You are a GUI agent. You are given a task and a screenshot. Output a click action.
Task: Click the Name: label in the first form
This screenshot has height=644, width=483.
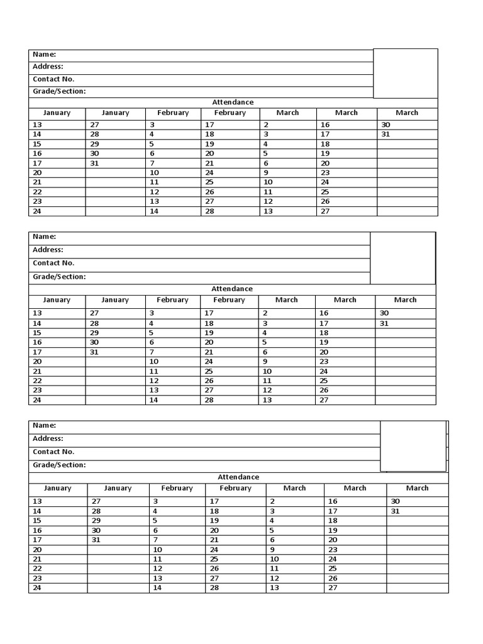tap(45, 55)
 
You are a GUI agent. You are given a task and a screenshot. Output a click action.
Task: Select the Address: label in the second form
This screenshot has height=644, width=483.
tap(48, 250)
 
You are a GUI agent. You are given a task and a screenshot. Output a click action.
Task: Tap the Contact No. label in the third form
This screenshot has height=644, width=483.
tap(53, 452)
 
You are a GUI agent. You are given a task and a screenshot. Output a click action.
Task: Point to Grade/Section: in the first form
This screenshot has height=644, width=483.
tap(59, 91)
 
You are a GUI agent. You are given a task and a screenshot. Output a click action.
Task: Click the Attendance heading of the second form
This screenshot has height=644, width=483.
tap(232, 289)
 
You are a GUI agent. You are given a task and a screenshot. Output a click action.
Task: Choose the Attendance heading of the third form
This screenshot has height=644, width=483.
tap(238, 477)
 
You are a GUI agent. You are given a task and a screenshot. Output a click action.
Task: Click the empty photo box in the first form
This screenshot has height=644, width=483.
tap(405, 73)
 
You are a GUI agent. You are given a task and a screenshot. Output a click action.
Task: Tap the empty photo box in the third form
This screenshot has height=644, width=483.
tap(413, 446)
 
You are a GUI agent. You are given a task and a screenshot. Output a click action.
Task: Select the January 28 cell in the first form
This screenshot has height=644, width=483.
tap(94, 135)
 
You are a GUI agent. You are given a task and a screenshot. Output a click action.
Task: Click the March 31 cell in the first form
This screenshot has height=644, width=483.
tap(386, 135)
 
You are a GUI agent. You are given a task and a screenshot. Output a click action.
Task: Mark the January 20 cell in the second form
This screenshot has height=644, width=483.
tap(37, 362)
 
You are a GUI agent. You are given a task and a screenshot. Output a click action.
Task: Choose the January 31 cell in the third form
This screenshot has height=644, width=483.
tap(96, 540)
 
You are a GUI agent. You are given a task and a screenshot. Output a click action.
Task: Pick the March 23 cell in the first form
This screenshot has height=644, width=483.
tap(325, 172)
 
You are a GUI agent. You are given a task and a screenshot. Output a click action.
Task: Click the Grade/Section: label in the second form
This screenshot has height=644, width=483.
tap(59, 277)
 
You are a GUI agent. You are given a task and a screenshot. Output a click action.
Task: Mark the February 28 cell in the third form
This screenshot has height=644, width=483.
tap(214, 588)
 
